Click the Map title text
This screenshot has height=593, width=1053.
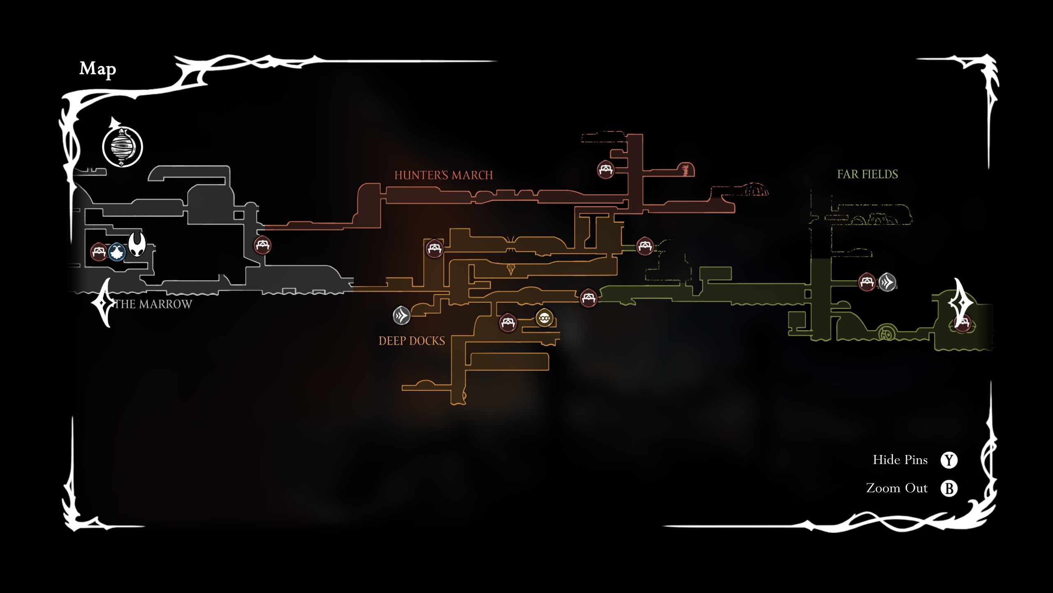point(97,69)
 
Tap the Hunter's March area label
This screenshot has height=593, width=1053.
point(443,175)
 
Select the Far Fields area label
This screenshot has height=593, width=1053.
point(867,175)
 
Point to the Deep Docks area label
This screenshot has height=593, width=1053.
point(412,341)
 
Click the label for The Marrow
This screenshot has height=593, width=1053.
point(153,304)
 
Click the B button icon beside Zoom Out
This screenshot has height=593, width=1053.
point(949,488)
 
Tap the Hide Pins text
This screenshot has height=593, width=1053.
point(900,460)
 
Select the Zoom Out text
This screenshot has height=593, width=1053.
point(897,488)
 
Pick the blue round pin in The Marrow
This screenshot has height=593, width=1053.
point(117,252)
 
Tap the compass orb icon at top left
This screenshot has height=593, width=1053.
point(122,146)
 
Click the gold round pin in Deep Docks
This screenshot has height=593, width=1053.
point(544,318)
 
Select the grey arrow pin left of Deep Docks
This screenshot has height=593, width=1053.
point(401,316)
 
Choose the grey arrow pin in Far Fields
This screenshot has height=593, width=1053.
point(887,282)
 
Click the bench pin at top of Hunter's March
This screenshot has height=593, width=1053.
point(605,169)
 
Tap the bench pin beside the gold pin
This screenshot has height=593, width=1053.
point(508,322)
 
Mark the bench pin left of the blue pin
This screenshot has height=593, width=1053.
point(99,252)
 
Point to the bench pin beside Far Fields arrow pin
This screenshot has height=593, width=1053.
point(867,282)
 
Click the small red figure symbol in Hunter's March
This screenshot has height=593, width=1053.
point(685,170)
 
